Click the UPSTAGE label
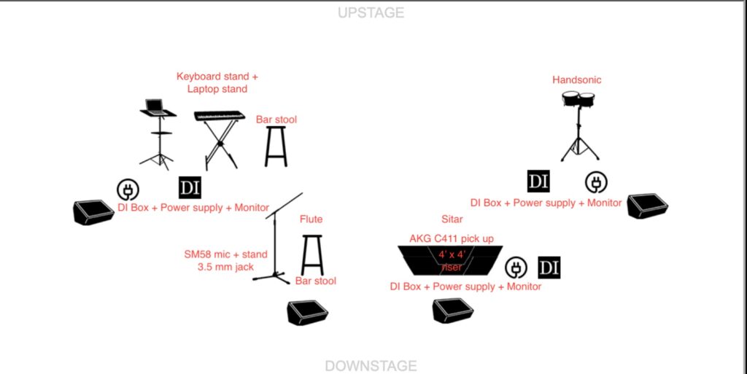[x=371, y=13]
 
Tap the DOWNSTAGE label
[x=371, y=366]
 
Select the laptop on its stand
[x=158, y=133]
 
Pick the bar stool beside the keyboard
[x=276, y=147]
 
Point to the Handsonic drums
[x=579, y=125]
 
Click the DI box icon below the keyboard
[x=190, y=187]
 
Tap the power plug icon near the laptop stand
[x=128, y=190]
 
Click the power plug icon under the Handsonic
[x=596, y=183]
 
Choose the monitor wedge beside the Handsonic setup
[x=648, y=206]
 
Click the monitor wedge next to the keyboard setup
[x=93, y=212]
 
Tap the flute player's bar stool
[x=312, y=255]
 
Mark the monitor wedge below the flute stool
[x=307, y=313]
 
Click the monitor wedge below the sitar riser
[x=453, y=311]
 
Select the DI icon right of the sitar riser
[x=549, y=268]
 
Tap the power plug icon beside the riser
[x=516, y=268]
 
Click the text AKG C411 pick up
[x=452, y=238]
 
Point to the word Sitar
[x=452, y=219]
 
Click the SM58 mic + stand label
[x=226, y=254]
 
